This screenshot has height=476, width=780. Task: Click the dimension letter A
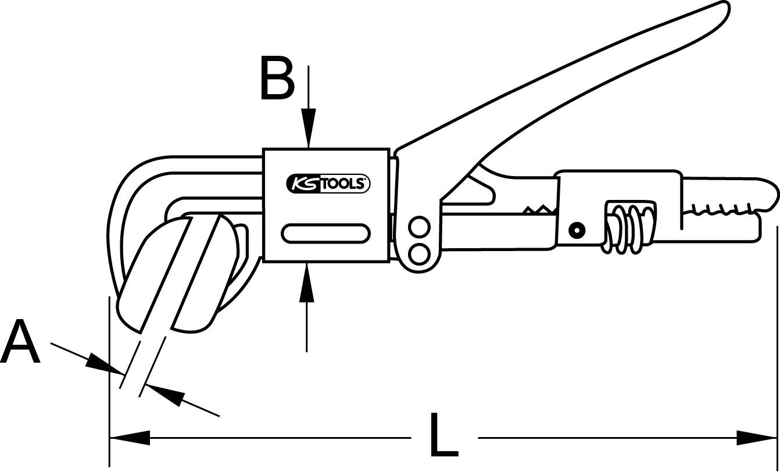(20, 342)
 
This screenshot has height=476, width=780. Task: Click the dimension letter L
(444, 435)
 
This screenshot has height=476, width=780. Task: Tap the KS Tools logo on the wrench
(328, 184)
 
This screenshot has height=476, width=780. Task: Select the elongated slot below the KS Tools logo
(325, 233)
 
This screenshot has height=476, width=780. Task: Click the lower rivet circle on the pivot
(419, 254)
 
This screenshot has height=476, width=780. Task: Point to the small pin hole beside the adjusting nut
(577, 230)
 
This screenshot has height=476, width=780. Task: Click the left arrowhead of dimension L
(130, 438)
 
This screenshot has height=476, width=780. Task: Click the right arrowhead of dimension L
(756, 438)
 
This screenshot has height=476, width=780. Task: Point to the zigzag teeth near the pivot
(538, 210)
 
